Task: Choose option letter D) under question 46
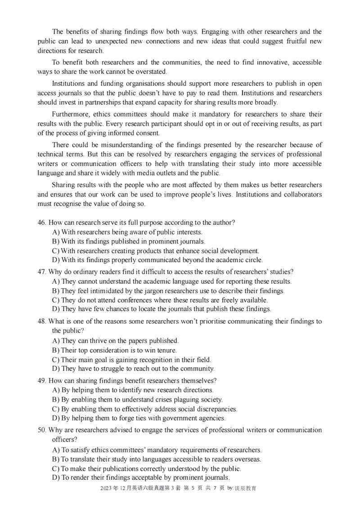(x=56, y=260)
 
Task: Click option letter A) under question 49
(x=56, y=390)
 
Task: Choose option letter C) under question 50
(x=56, y=469)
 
